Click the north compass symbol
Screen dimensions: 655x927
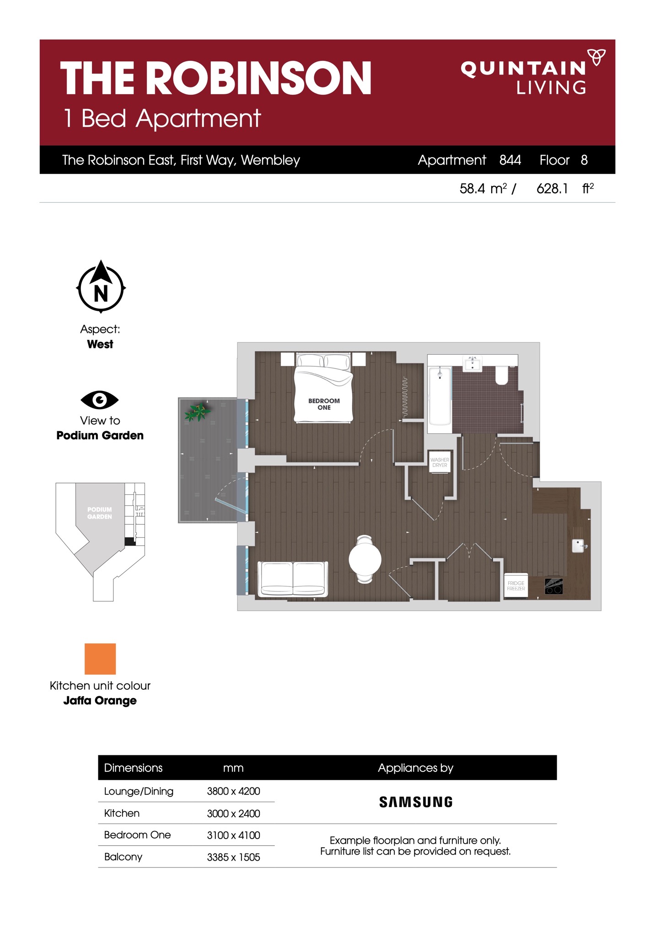pos(101,287)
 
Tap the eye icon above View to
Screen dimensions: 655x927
pos(100,400)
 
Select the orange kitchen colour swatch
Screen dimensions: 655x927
pos(100,659)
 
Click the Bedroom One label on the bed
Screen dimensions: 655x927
pos(324,404)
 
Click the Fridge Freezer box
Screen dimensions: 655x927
pos(515,585)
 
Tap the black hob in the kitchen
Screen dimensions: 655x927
pos(553,586)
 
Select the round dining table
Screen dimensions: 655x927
pos(365,559)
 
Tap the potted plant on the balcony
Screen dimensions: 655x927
pos(197,411)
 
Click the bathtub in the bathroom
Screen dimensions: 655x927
pos(440,396)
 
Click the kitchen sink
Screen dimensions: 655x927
pos(579,546)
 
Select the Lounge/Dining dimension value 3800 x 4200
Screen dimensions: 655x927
pos(233,791)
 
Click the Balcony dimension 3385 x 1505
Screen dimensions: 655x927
pos(233,857)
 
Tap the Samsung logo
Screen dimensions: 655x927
pos(416,802)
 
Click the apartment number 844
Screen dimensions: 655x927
pos(510,160)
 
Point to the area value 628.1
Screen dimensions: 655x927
pos(552,189)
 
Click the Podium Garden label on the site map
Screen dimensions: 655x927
pos(100,513)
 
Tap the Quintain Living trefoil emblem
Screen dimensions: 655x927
pos(596,57)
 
